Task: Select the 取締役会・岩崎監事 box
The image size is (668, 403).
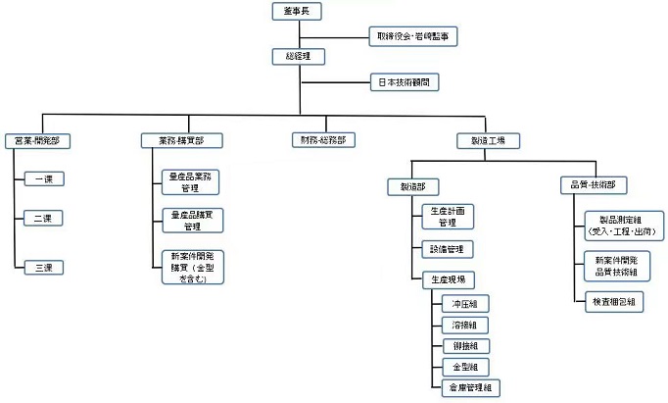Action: [412, 37]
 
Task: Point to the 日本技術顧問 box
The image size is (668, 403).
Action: [403, 83]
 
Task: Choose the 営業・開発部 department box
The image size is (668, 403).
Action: [36, 140]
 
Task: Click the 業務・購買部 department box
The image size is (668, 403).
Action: [179, 140]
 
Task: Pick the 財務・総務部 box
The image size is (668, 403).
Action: [322, 140]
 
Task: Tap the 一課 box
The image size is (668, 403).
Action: [42, 179]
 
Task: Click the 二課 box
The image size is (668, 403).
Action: [42, 217]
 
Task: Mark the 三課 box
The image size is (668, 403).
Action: [42, 266]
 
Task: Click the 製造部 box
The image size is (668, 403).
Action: [412, 184]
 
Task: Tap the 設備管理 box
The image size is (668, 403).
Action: [448, 249]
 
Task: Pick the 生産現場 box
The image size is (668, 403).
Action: [448, 279]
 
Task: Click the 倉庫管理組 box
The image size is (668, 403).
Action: [470, 388]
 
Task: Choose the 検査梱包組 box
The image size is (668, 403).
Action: [613, 302]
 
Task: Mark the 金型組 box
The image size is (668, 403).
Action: [463, 367]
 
